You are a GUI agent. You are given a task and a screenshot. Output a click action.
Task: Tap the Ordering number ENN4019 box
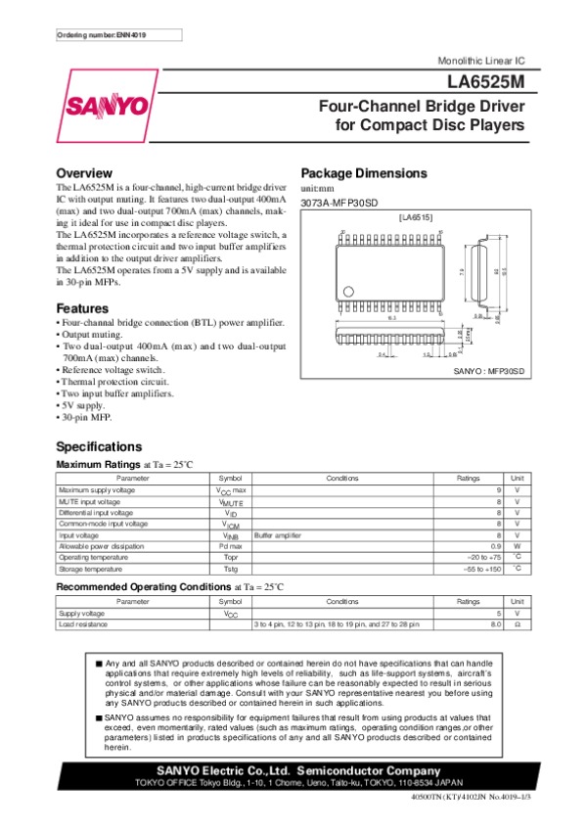101,35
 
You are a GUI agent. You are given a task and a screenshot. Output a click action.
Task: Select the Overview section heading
90,173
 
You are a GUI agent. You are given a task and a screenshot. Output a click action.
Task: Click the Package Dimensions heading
363,173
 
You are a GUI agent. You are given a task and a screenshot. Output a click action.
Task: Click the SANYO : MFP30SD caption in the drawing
490,372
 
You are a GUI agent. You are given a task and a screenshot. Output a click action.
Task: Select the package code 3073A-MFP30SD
339,203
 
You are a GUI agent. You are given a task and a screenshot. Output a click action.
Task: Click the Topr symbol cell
232,557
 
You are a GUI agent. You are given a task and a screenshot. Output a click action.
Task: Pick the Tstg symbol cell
232,569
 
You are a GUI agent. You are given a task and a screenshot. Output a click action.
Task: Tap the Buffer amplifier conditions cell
277,534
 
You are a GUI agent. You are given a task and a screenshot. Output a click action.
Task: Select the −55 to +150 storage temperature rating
480,569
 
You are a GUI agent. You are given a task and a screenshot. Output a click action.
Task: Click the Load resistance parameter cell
83,623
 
